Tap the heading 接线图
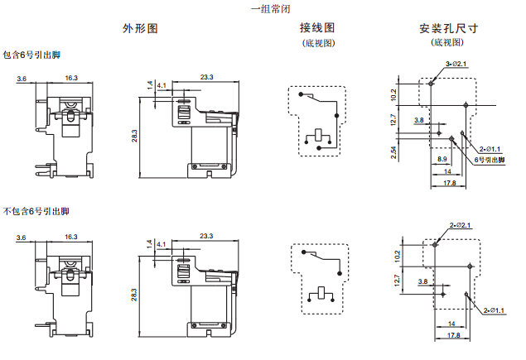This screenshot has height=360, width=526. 317,28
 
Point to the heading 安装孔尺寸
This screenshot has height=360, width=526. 449,28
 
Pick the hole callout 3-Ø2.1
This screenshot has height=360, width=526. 457,64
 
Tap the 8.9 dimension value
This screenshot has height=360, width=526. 442,159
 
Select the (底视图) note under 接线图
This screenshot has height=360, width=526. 317,43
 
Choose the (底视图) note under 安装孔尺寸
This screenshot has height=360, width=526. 447,42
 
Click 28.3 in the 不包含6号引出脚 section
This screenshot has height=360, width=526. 133,293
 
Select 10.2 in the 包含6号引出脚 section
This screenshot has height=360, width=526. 394,94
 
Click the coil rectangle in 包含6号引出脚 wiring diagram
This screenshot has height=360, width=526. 319,135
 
